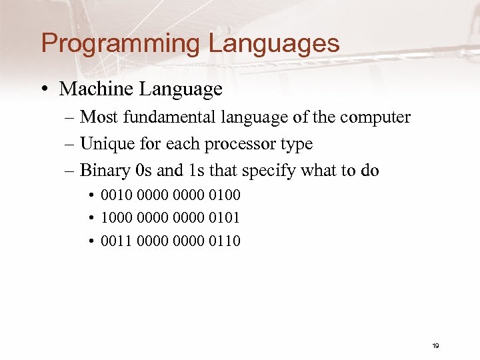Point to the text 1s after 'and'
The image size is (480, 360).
point(197,171)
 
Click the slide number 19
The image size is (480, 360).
point(435,345)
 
